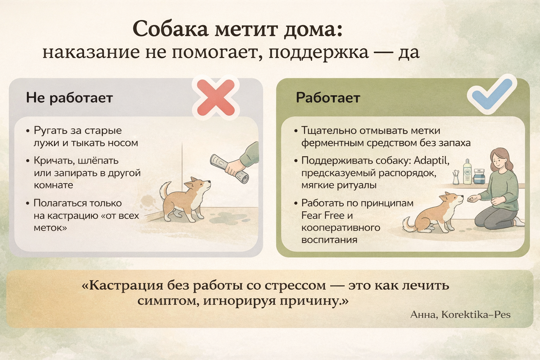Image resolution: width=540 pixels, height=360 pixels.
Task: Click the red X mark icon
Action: pos(216,97)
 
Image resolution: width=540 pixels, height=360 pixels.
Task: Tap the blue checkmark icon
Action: pos(492,96)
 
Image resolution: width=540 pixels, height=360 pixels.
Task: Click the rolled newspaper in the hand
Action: pos(229,169)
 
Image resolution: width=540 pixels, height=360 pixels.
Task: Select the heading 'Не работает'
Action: pos(69,98)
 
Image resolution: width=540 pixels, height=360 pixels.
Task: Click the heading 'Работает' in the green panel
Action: pos(328,98)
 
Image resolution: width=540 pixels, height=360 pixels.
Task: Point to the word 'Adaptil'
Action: pos(431,160)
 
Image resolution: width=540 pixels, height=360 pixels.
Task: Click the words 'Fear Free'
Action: pos(323,215)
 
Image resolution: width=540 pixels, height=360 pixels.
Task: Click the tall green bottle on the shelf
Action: pos(467,172)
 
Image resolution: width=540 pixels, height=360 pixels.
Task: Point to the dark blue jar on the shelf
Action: pos(479,176)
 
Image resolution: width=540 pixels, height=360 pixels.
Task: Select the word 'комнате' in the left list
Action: pos(53,185)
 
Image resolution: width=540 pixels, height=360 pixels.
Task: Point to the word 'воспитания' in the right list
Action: pos(329,240)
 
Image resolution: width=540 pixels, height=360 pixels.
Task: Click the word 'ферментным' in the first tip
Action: pos(333,143)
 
